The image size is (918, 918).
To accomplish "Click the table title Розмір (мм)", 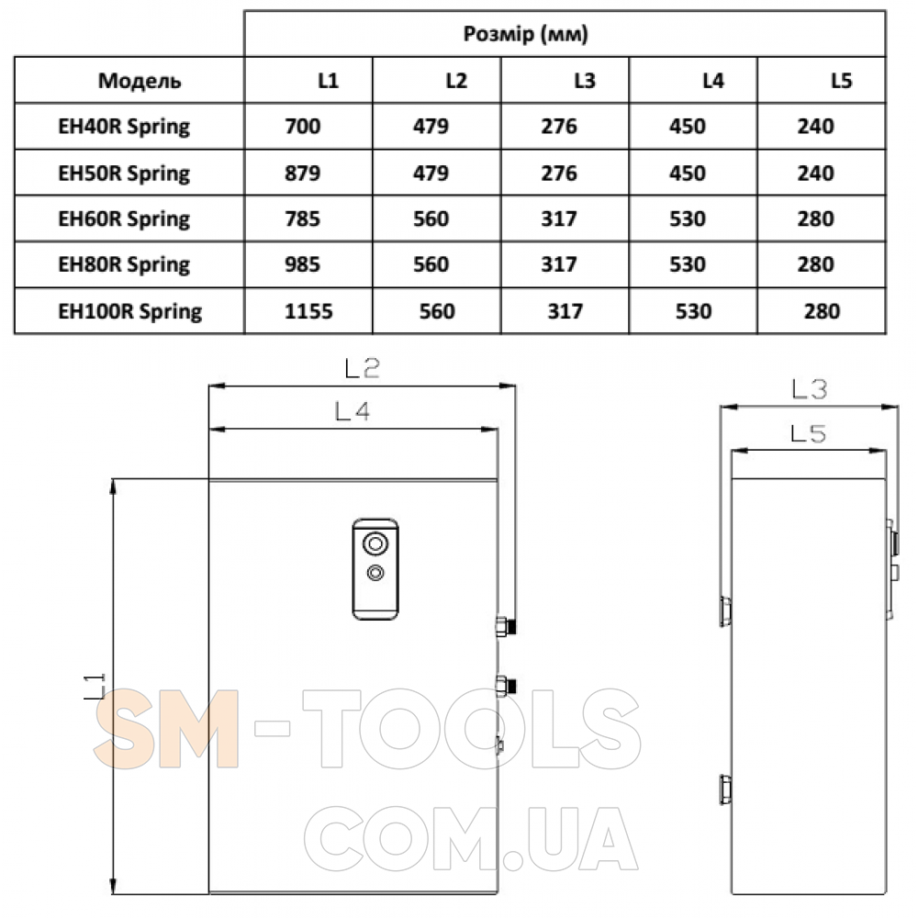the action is [525, 34].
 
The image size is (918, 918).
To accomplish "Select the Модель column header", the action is [140, 80].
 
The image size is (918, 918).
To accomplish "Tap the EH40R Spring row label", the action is [124, 127].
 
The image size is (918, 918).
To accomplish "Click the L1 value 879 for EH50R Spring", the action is [302, 174].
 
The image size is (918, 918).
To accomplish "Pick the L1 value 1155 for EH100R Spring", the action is [308, 311].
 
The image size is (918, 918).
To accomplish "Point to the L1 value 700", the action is [302, 127].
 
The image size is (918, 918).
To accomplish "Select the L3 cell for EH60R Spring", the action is [558, 219].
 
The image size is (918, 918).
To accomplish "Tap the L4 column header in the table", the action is [712, 80].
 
